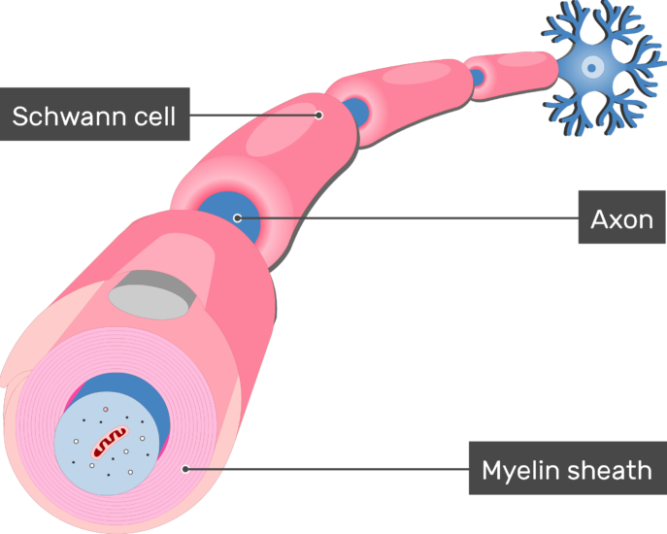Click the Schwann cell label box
pyautogui.click(x=94, y=116)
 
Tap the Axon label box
pyautogui.click(x=621, y=218)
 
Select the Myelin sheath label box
pyautogui.click(x=567, y=470)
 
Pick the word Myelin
pyautogui.click(x=519, y=471)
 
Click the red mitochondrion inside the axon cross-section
pyautogui.click(x=110, y=443)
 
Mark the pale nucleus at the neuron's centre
pyautogui.click(x=593, y=67)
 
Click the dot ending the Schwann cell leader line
pyautogui.click(x=318, y=115)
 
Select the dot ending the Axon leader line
pyautogui.click(x=237, y=217)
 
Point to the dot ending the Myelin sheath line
pyautogui.click(x=185, y=469)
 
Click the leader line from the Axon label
pyautogui.click(x=408, y=217)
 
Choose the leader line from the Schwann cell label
pyautogui.click(x=252, y=115)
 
